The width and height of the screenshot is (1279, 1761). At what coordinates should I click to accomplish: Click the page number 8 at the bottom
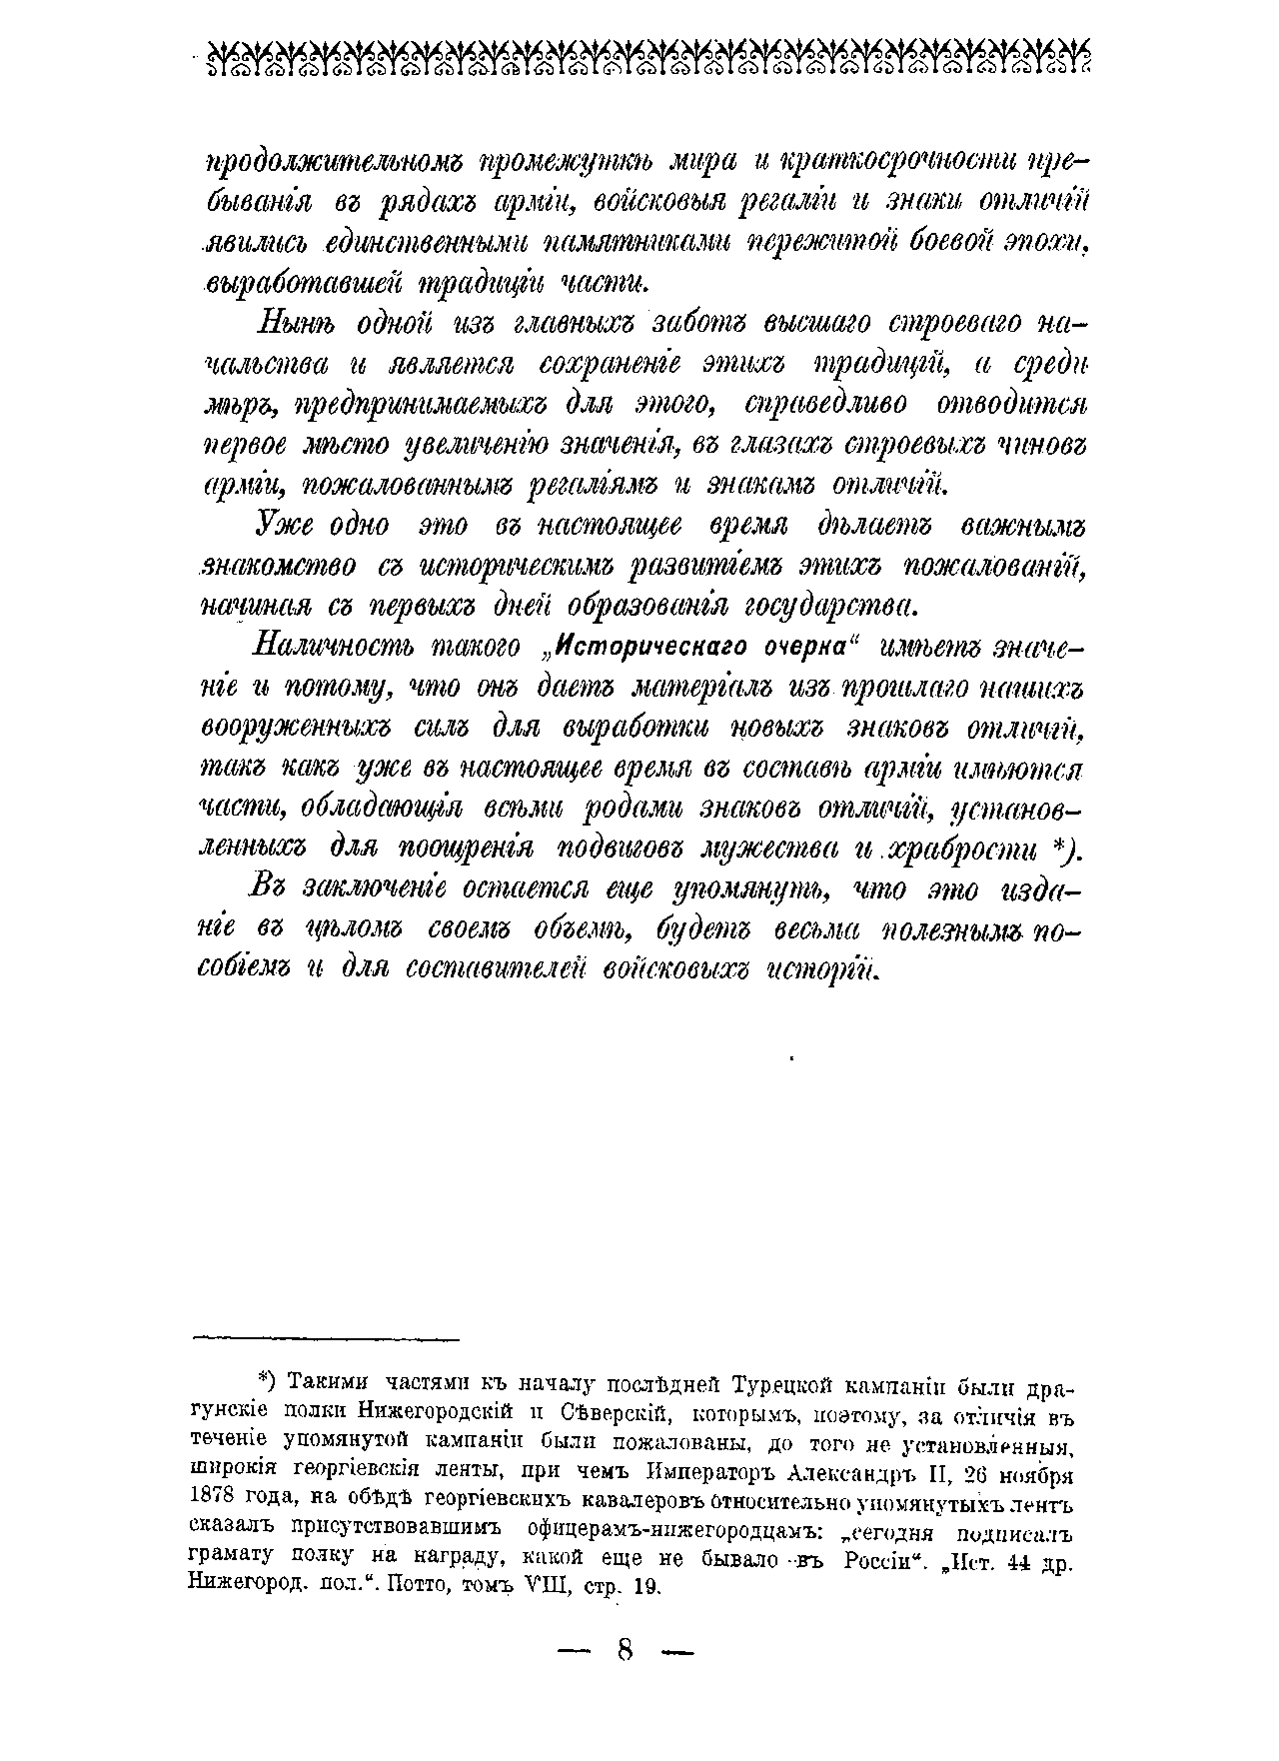tap(626, 1649)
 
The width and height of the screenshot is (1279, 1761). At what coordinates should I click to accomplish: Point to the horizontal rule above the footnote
tap(326, 1337)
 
